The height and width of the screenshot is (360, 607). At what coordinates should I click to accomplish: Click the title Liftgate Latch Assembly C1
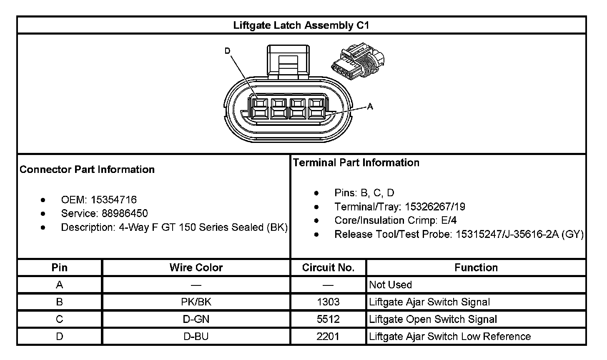[x=301, y=25]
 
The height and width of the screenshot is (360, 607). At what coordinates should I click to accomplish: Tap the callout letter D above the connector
[x=227, y=51]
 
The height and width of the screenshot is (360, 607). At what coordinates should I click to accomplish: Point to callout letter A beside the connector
[x=370, y=107]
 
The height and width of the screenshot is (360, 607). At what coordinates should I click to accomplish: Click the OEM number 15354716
[x=114, y=200]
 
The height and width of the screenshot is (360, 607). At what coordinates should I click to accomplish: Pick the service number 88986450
[x=125, y=214]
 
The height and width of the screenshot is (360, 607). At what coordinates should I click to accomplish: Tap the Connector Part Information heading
[x=87, y=170]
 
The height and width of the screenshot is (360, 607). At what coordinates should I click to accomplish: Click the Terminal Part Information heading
[x=356, y=162]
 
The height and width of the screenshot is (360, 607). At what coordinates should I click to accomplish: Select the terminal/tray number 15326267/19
[x=435, y=207]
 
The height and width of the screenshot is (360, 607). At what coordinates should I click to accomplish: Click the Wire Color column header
[x=196, y=267]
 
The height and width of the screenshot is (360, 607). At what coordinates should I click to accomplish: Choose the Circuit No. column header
[x=328, y=267]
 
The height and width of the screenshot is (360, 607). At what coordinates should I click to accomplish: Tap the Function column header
[x=476, y=267]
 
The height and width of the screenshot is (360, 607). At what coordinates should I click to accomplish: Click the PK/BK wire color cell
[x=196, y=302]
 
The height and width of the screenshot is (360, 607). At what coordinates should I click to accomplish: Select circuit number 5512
[x=328, y=320]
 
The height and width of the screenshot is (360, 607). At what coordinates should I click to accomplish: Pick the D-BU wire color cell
[x=196, y=337]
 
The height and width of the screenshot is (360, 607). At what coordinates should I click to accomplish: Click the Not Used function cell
[x=391, y=285]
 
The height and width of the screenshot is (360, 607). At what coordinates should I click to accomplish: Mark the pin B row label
[x=60, y=302]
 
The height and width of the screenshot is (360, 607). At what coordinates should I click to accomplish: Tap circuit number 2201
[x=328, y=337]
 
